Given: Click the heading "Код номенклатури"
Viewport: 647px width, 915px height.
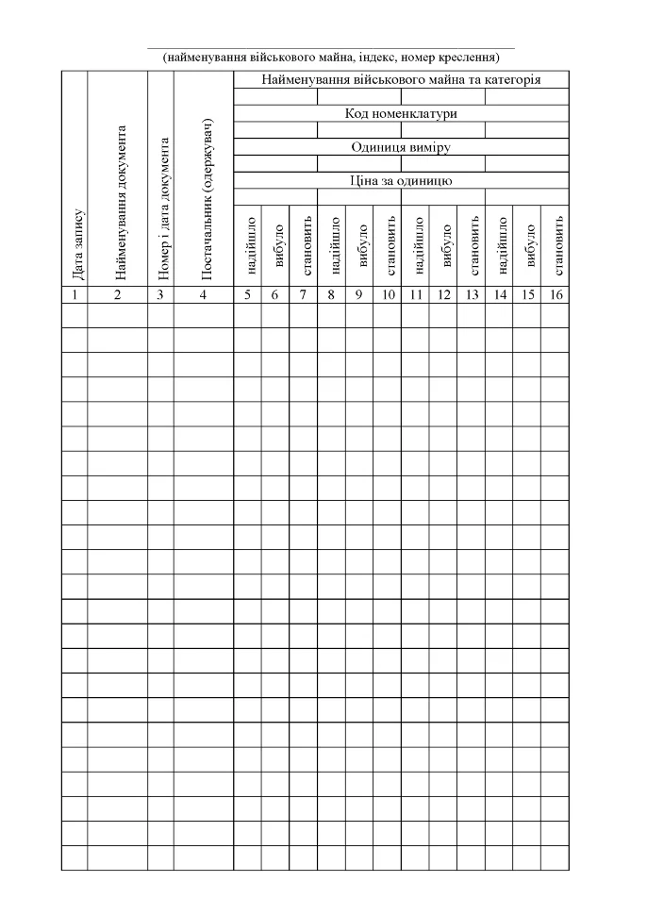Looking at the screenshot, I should coord(401,113).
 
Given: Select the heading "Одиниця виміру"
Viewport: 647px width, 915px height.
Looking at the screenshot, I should coord(401,147).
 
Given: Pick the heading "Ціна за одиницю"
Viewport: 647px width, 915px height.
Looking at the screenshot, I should coord(401,179).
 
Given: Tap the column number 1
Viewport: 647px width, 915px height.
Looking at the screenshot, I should coord(74,294).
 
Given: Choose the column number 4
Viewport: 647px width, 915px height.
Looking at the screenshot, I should coord(204,294).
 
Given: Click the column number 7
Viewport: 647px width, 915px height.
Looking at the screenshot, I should coord(303,294).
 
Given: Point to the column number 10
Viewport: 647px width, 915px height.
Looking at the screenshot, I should coord(387,294).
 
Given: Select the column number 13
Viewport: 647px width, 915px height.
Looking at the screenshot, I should coord(471,294).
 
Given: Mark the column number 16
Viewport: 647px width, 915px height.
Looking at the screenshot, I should coord(555,294).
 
